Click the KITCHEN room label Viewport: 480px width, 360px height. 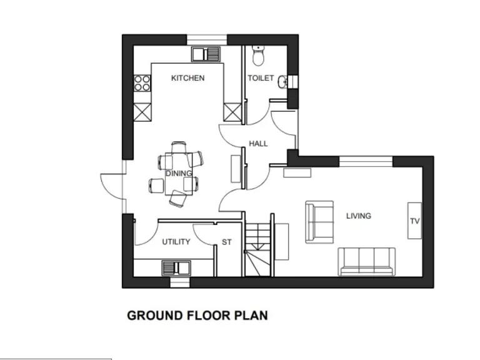(187, 78)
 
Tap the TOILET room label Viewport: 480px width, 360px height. (261, 78)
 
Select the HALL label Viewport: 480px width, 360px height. (258, 144)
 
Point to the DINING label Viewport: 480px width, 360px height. (179, 173)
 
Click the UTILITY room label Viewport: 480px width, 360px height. (176, 242)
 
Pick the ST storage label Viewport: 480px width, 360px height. (226, 242)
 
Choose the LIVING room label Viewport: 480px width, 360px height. (359, 216)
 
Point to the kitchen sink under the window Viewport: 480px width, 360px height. (206, 54)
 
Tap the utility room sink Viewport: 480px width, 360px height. (177, 268)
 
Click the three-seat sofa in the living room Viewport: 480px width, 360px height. (367, 261)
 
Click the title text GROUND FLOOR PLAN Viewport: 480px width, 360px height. (197, 315)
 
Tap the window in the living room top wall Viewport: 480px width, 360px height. (366, 161)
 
